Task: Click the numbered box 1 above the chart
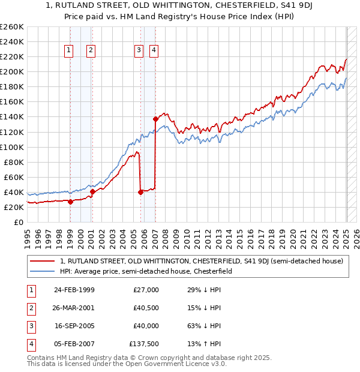coord(70,50)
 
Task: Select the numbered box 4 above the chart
coord(154,50)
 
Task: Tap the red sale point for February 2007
coord(155,118)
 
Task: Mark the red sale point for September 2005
coord(140,192)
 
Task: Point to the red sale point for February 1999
coord(70,202)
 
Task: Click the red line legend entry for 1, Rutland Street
coord(201,261)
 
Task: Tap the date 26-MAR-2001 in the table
coord(74,308)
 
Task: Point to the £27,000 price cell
coord(145,290)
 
